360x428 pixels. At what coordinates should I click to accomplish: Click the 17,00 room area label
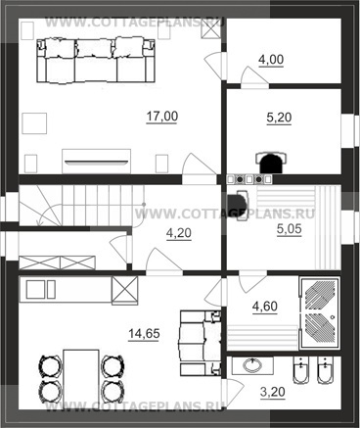coord(162,117)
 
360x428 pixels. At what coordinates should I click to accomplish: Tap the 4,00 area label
coord(271,60)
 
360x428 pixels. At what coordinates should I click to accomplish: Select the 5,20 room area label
coord(279,118)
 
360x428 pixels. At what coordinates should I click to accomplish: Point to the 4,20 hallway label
coord(179,233)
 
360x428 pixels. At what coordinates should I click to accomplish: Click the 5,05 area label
coord(290,229)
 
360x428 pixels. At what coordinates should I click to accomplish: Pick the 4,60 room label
coord(265,307)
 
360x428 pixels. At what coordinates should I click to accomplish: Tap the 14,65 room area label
coord(144,334)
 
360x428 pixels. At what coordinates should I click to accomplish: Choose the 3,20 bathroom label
coord(273,392)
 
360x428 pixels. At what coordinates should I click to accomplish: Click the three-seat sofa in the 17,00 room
coord(95,61)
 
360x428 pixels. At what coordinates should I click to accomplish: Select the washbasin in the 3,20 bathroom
coord(252,365)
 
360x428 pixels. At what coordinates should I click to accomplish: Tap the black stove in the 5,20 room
coord(271,163)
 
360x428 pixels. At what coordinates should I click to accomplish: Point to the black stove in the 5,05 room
coord(238,206)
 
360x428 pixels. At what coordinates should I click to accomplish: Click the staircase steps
coord(81,206)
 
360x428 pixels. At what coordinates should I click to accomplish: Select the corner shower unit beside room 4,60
coord(319,313)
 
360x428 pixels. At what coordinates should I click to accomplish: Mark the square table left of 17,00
coord(34,123)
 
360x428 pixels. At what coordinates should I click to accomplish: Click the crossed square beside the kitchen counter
coord(124,291)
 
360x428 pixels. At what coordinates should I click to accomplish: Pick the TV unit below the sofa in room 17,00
coord(96,162)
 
